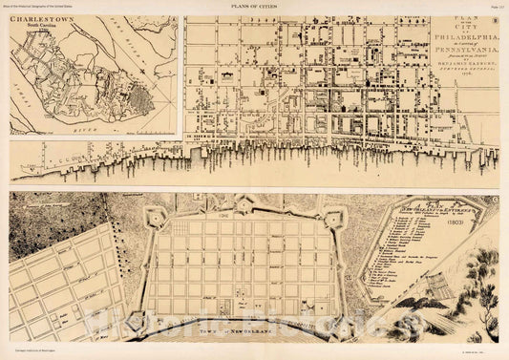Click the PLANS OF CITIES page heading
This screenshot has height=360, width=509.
coord(253,8)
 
